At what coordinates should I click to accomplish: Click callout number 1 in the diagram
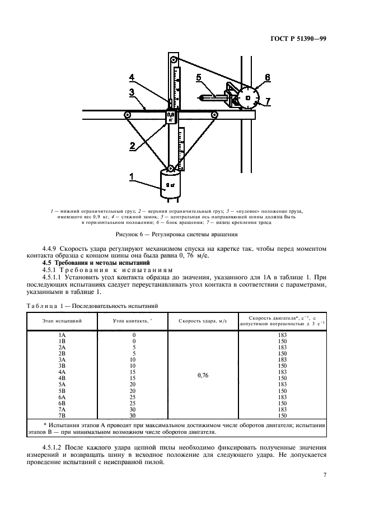[132, 177]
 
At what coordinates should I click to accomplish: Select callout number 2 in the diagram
[133, 146]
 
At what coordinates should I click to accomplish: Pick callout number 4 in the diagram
[132, 77]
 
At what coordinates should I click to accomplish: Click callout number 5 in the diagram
[198, 78]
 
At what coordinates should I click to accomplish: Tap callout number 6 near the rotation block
[267, 77]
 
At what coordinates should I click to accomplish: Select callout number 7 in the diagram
[268, 101]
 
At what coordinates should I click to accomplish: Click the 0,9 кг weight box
[171, 116]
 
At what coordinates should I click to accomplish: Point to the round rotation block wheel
[247, 98]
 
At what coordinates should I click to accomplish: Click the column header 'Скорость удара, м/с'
[202, 321]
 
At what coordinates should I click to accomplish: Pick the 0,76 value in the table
[202, 376]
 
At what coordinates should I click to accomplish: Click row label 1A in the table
[62, 334]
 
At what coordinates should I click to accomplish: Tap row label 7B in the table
[62, 416]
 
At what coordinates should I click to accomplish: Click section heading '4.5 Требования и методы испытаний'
[90, 263]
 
